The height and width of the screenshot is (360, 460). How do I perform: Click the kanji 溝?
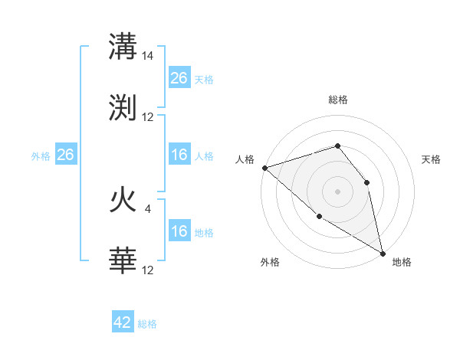(x=123, y=47)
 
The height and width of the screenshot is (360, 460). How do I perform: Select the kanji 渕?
(x=123, y=107)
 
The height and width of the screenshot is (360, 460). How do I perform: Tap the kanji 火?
(x=123, y=201)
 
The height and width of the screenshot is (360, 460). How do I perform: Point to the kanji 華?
(x=123, y=260)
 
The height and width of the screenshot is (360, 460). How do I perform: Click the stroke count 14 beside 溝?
(x=148, y=56)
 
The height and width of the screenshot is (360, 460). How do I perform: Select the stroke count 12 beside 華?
(x=148, y=270)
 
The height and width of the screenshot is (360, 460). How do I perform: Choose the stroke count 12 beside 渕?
(x=148, y=116)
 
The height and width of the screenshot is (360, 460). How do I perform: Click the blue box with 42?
(x=123, y=322)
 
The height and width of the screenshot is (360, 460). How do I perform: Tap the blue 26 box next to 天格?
(x=179, y=78)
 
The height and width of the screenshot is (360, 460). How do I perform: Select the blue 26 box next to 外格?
(x=65, y=155)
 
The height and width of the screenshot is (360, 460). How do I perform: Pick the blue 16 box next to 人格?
(x=179, y=155)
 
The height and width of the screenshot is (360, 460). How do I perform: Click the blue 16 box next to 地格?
(x=179, y=231)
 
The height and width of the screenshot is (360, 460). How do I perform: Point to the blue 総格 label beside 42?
(x=147, y=324)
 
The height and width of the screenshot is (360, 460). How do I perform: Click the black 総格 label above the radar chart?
(x=338, y=100)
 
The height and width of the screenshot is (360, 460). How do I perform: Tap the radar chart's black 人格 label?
(x=245, y=159)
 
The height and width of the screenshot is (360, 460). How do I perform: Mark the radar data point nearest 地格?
(x=382, y=252)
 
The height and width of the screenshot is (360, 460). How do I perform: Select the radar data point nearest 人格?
(x=264, y=167)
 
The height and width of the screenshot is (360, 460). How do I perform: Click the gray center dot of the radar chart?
(x=337, y=191)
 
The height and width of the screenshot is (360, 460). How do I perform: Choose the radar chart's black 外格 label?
(x=270, y=262)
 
